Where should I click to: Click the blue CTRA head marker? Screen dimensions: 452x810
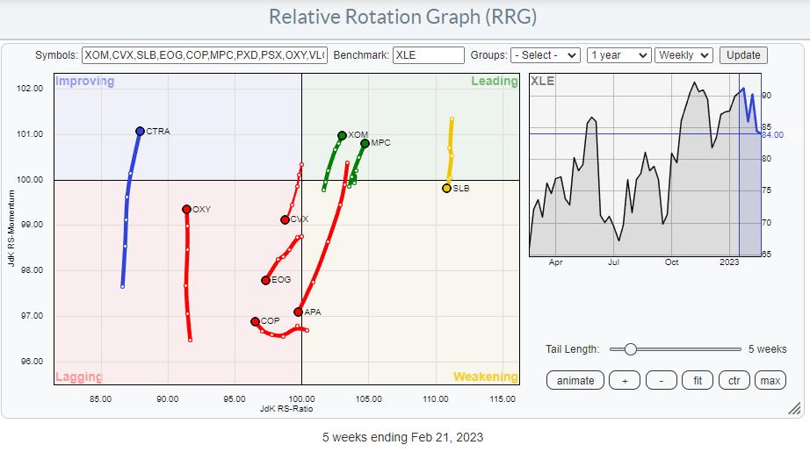coord(140,131)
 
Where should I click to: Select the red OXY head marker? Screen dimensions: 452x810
coord(186,209)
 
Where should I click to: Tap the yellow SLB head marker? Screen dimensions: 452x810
coord(446,188)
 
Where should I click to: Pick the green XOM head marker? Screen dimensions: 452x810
coord(342,135)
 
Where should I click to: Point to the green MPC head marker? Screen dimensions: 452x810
coord(365,143)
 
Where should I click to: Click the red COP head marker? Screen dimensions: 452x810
coord(255,321)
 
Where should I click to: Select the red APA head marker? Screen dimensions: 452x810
coord(299,312)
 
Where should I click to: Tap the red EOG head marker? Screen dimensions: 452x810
coord(265,280)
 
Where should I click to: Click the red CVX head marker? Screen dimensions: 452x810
coord(285,219)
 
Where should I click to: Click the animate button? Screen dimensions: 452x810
coord(575,380)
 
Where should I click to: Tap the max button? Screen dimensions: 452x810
coord(770,380)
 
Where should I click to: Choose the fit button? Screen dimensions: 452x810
coord(697,380)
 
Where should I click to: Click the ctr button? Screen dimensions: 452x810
coord(734,380)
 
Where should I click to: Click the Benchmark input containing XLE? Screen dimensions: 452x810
coord(428,55)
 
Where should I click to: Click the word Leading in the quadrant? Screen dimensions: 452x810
coord(495,82)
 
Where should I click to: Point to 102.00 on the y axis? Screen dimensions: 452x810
coord(30,89)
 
